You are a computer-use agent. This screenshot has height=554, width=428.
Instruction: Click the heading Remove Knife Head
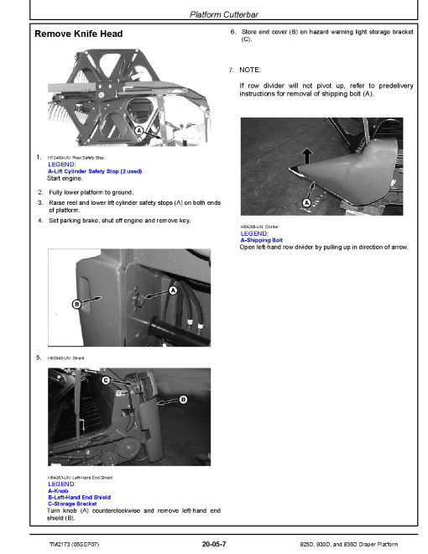tap(79, 34)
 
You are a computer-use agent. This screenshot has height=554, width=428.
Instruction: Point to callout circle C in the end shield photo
tap(106, 381)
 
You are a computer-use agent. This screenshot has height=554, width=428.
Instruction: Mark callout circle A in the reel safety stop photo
tap(137, 132)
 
